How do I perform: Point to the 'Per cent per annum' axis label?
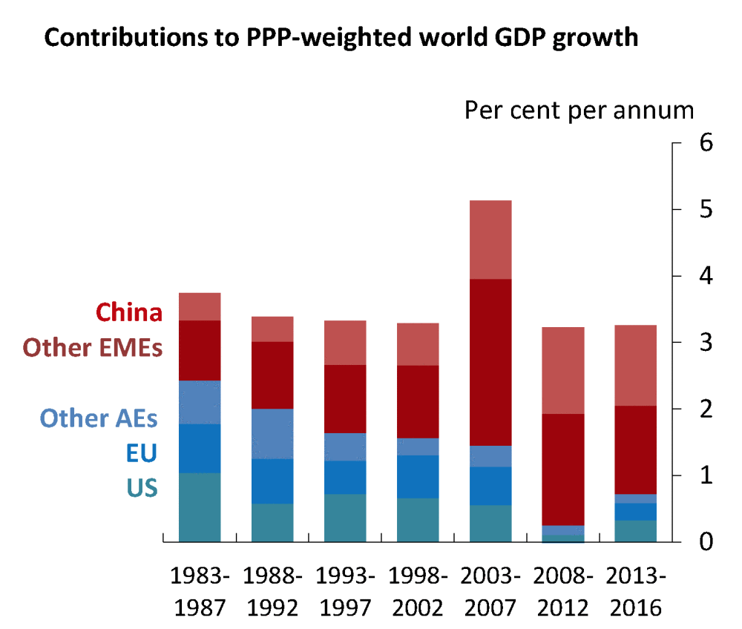pyautogui.click(x=579, y=111)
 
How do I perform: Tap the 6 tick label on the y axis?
pyautogui.click(x=705, y=142)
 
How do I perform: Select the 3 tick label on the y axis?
pyautogui.click(x=705, y=343)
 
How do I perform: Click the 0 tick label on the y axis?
pyautogui.click(x=705, y=542)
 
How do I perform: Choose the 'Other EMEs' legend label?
pyautogui.click(x=93, y=347)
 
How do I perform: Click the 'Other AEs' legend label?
pyautogui.click(x=99, y=418)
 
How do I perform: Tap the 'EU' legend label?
pyautogui.click(x=141, y=453)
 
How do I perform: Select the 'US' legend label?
pyautogui.click(x=141, y=488)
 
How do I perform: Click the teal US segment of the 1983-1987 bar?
pyautogui.click(x=200, y=507)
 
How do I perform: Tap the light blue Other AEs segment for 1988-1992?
pyautogui.click(x=272, y=434)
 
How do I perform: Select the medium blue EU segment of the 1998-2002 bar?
pyautogui.click(x=418, y=476)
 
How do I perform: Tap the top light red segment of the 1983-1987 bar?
pyautogui.click(x=200, y=306)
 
